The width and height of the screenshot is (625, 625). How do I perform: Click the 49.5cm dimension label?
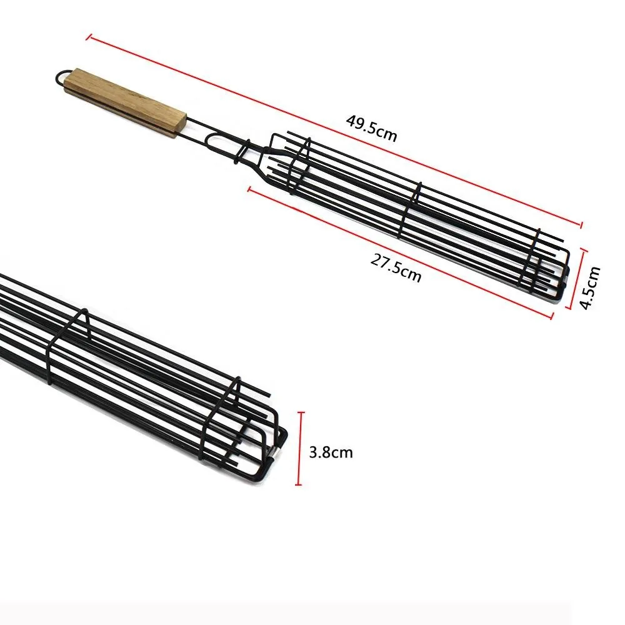coord(371,128)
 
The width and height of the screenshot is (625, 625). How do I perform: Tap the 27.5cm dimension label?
coord(396,268)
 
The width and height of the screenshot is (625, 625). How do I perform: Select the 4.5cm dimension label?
coord(590,287)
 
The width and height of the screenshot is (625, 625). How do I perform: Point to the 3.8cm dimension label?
coord(331,452)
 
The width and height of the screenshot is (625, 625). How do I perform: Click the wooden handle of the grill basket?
coord(125,102)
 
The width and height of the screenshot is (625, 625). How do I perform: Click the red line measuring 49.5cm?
coord(334,131)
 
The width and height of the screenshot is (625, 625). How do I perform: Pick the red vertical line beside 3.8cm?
coord(301,449)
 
